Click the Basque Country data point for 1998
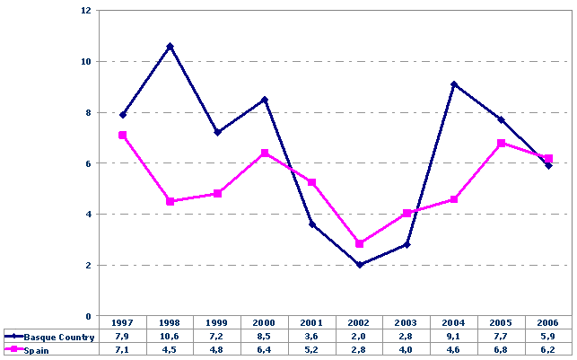point(170,46)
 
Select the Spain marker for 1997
point(122,136)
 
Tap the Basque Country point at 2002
point(359,265)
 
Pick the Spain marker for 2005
point(501,143)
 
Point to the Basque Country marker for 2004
point(454,84)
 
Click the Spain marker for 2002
point(359,244)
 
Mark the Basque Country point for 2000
point(265,100)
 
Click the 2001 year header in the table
point(311,322)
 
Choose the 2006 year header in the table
point(548,322)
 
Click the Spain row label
point(37,348)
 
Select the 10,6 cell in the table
point(170,335)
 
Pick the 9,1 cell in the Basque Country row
point(454,335)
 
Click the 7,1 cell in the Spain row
point(122,348)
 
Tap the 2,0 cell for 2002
point(359,335)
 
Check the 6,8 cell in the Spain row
point(501,348)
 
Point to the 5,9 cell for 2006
point(548,335)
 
